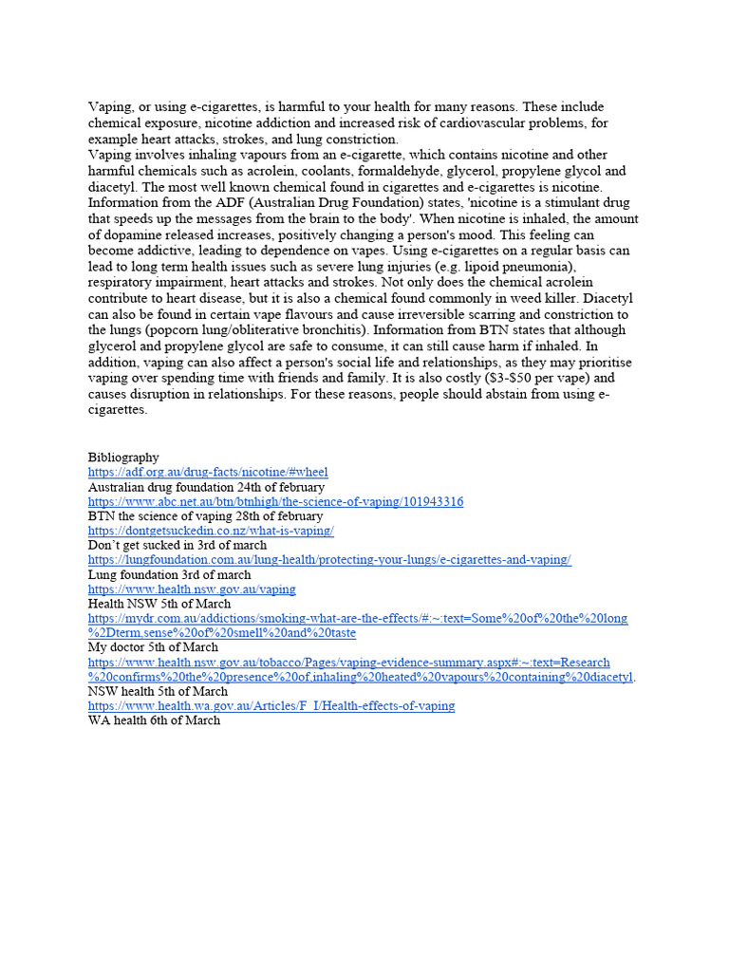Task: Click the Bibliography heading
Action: (x=123, y=458)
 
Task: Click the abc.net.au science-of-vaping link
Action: (x=275, y=501)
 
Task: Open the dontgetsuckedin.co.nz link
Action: (x=211, y=531)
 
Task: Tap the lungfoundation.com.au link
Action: (x=329, y=560)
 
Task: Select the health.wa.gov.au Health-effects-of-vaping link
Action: (x=271, y=706)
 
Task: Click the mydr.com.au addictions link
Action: (x=358, y=619)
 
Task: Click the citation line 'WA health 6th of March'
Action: (x=154, y=720)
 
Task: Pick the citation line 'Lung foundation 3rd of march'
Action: (x=170, y=574)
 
